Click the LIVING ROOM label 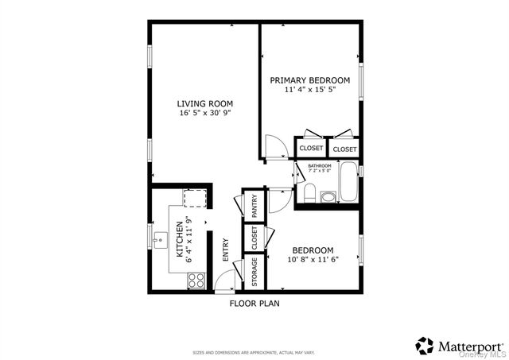[204, 103]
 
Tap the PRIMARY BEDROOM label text [309, 80]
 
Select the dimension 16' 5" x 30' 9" [204, 114]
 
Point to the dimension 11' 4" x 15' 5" [309, 91]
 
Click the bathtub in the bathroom [348, 182]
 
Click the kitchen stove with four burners [196, 279]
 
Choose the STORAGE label [254, 273]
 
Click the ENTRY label [226, 249]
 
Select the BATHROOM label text [320, 166]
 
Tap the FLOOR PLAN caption [254, 303]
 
